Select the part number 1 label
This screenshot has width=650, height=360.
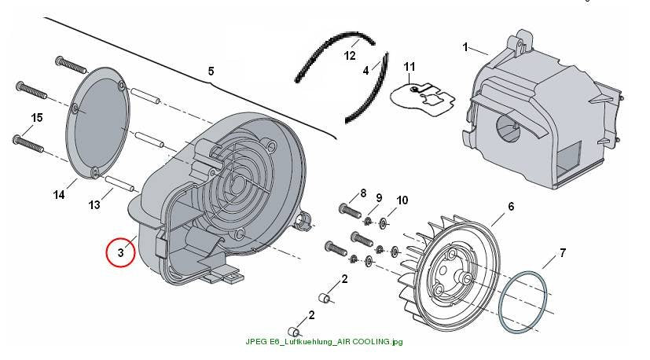(x=465, y=47)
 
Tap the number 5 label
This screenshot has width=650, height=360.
(x=211, y=72)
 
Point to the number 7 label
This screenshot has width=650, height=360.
(x=563, y=252)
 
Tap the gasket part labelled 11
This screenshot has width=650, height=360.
(x=423, y=100)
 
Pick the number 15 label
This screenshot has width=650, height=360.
(x=37, y=118)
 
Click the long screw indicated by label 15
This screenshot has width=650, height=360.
(x=28, y=142)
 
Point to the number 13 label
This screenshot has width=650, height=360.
(x=94, y=204)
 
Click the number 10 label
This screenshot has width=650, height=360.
(x=402, y=200)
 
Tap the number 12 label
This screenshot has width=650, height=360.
(x=350, y=56)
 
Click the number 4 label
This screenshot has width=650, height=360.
(x=365, y=71)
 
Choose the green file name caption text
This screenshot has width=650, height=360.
(x=324, y=342)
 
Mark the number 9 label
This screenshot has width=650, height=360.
(x=379, y=198)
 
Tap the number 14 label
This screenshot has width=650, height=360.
(x=59, y=194)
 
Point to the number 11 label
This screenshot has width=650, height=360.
(x=409, y=67)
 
